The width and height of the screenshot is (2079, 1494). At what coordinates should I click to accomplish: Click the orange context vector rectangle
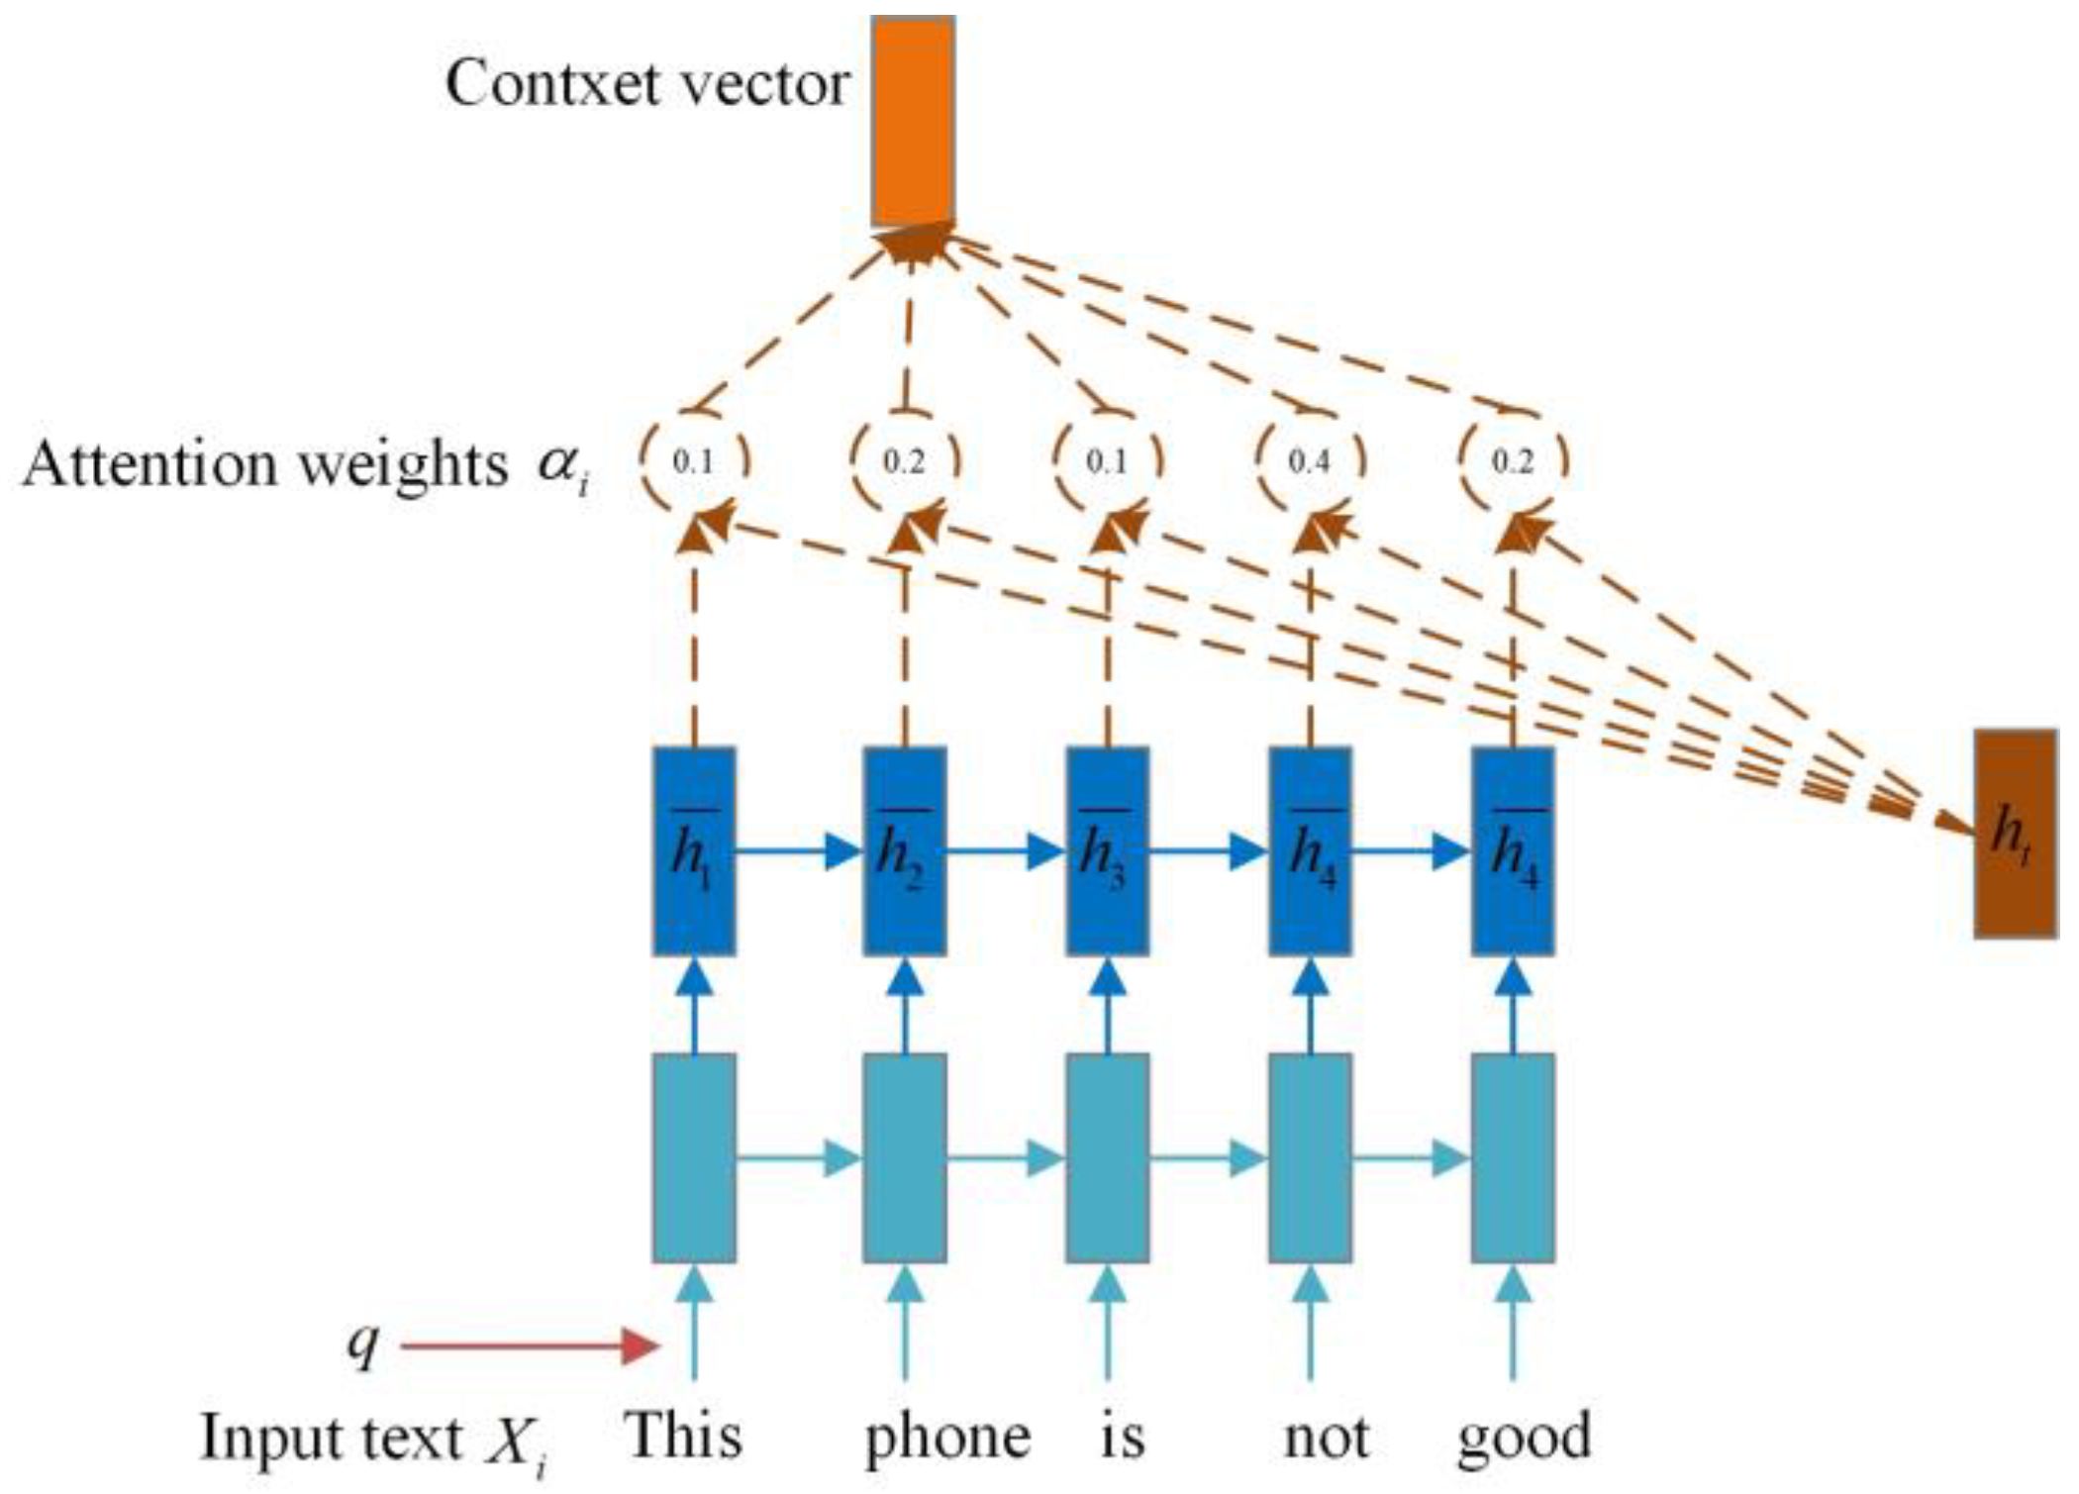click(x=912, y=121)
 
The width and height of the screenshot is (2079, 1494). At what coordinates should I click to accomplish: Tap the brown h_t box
click(x=2016, y=834)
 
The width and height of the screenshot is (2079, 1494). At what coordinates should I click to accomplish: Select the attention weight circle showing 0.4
click(x=1309, y=460)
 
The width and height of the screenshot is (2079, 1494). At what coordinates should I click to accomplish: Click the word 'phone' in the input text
click(x=947, y=1438)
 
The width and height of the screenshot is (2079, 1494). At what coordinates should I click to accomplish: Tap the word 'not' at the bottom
click(x=1326, y=1438)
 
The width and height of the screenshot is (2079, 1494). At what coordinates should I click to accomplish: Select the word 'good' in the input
click(x=1523, y=1438)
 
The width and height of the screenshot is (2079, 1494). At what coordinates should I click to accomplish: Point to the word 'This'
click(x=683, y=1436)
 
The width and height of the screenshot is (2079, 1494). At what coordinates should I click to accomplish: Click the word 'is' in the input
click(x=1123, y=1438)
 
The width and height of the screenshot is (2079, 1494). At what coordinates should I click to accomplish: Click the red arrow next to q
click(x=530, y=1346)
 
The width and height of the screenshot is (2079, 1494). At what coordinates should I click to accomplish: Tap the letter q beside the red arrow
click(x=363, y=1345)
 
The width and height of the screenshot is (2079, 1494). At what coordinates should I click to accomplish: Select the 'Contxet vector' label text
click(x=646, y=84)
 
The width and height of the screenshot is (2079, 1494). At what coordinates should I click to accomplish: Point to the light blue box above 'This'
click(x=693, y=1157)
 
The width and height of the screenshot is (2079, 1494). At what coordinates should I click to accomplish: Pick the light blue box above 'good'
click(x=1512, y=1157)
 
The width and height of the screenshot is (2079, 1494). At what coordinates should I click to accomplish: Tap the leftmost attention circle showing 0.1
click(x=693, y=460)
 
